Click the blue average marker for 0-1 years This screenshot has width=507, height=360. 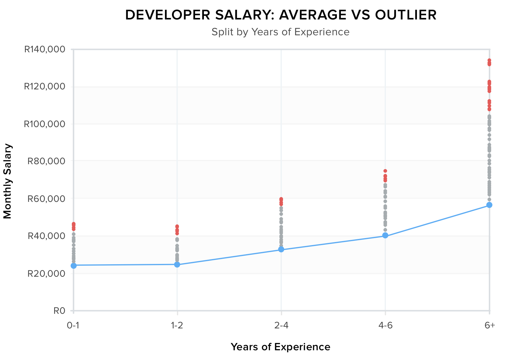[x=74, y=265]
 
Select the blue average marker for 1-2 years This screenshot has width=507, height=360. [x=177, y=265]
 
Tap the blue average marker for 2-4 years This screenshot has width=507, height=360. [x=281, y=249]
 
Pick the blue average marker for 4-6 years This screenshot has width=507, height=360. [x=385, y=235]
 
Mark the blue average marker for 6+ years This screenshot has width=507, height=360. [x=489, y=205]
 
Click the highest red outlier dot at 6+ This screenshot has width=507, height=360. [x=489, y=60]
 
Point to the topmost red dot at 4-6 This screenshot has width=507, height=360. [x=385, y=171]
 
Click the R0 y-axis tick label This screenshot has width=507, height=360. [x=59, y=311]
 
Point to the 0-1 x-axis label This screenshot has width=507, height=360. [x=73, y=326]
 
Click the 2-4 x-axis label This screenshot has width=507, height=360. [x=281, y=326]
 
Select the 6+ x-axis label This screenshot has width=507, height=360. [x=490, y=326]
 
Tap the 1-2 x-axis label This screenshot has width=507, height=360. [x=177, y=326]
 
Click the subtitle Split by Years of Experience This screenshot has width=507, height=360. [x=280, y=32]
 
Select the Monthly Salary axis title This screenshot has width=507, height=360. [x=7, y=181]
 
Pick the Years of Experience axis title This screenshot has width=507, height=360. [x=280, y=347]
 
